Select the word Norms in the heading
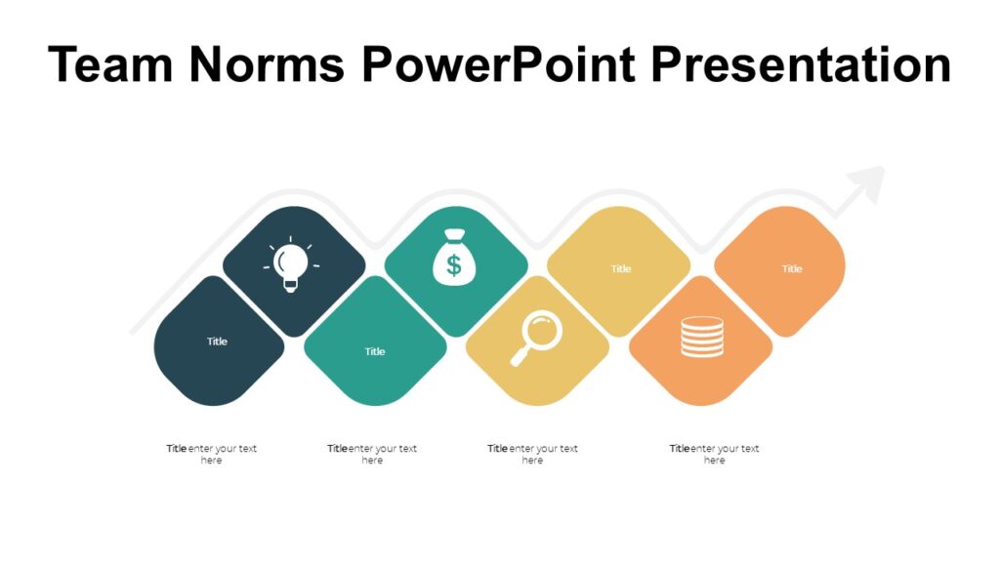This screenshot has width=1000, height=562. click(x=267, y=64)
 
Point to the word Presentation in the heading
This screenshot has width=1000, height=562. click(x=800, y=64)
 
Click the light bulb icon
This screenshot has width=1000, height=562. click(x=290, y=264)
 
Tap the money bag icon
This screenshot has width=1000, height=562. click(x=451, y=257)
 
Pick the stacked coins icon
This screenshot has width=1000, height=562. click(x=702, y=337)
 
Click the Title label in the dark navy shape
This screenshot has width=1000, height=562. click(x=217, y=341)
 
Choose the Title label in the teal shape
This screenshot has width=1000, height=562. click(x=375, y=351)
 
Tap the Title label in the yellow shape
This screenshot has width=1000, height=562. click(x=621, y=269)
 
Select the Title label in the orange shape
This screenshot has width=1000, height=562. click(x=792, y=269)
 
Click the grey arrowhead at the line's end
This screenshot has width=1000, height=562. click(x=866, y=183)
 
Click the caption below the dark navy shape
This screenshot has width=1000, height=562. click(x=212, y=454)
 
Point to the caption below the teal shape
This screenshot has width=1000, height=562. click(x=372, y=454)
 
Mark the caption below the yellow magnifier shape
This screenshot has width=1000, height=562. click(x=532, y=454)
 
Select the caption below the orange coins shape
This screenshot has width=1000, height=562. click(x=714, y=454)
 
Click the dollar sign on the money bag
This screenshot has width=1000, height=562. click(x=451, y=263)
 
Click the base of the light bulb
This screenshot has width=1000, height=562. click(x=290, y=284)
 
